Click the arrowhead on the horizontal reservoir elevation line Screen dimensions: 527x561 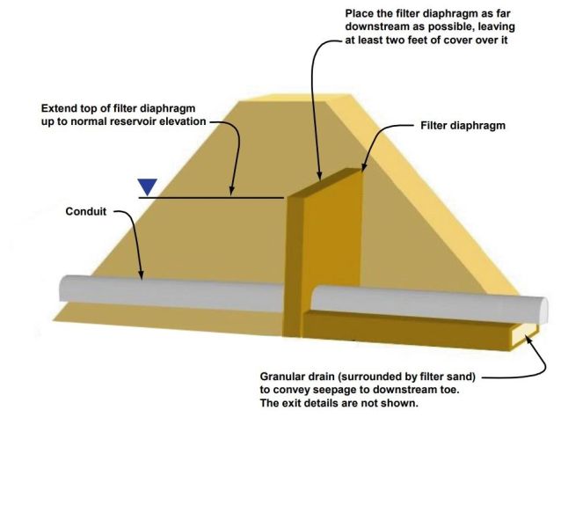coord(232,192)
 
